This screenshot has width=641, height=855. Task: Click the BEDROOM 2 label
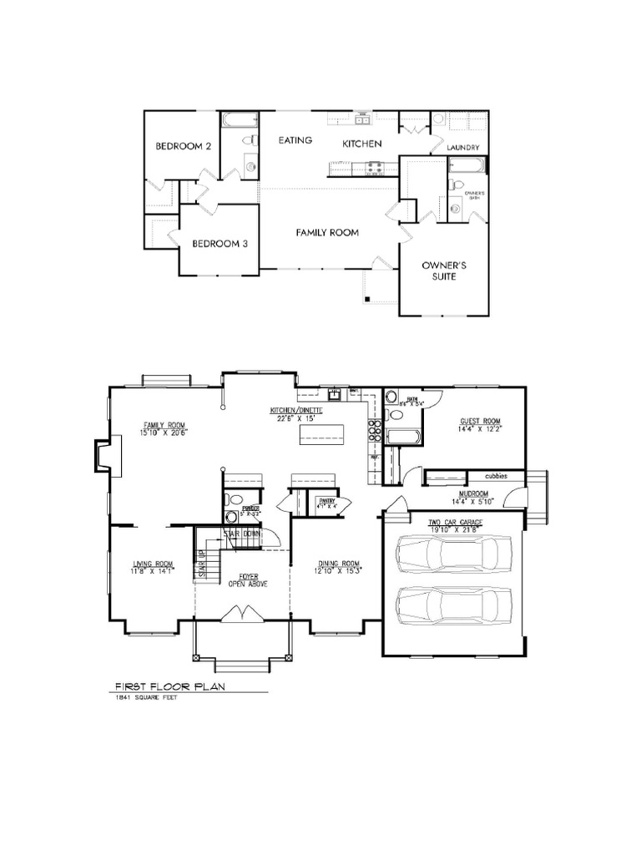183,146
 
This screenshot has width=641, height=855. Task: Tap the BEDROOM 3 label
220,244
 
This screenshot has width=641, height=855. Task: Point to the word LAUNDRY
462,148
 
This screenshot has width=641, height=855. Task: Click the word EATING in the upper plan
295,140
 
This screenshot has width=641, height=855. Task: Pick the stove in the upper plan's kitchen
372,169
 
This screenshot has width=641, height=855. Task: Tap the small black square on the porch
365,297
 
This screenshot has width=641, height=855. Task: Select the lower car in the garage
455,604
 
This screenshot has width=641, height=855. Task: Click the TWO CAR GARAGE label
456,522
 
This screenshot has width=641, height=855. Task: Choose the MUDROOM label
474,494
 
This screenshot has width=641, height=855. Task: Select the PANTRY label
325,502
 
